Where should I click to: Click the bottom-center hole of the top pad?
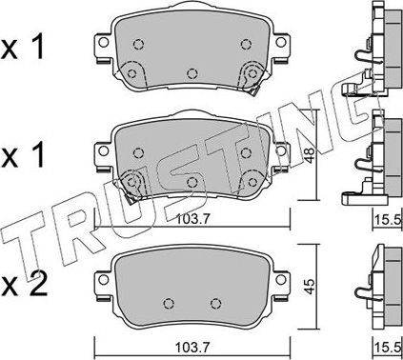point(192,72)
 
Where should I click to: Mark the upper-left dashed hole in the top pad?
point(139,43)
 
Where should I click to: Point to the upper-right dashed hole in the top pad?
point(246,43)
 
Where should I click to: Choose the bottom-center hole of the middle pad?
point(192,181)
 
